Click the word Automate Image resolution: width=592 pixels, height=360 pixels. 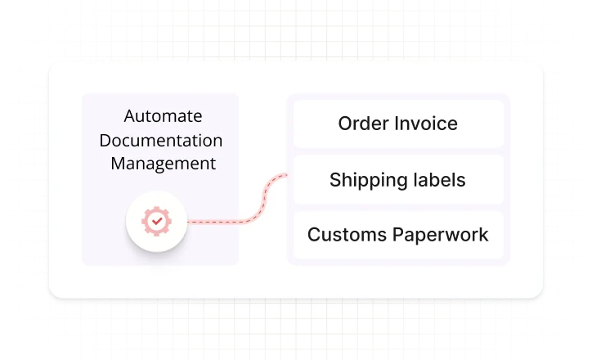point(163,116)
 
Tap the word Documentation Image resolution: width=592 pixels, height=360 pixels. point(161,140)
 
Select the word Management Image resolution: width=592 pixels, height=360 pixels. point(163,164)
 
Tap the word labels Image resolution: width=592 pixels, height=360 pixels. point(437,179)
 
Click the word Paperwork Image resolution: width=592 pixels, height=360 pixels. point(442,235)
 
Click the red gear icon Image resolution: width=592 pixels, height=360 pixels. point(155,221)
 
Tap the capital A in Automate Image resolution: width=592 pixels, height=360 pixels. point(129,116)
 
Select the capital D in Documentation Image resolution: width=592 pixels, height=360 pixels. point(105,140)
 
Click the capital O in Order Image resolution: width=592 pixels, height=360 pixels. point(345,124)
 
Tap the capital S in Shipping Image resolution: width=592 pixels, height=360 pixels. point(335,180)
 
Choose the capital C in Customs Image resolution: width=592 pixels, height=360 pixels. point(314,235)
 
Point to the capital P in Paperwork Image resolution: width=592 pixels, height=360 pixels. point(400,235)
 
